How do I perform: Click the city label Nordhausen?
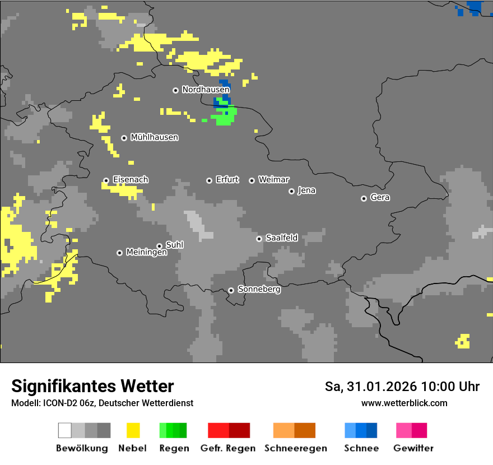coord(206,90)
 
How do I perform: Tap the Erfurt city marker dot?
coord(209,180)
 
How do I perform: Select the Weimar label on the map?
coord(273,180)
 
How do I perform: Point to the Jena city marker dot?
coord(291,191)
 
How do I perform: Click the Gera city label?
coord(380,198)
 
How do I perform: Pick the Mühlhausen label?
coord(154,137)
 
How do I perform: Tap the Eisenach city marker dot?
coord(106,180)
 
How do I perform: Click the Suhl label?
coord(174,245)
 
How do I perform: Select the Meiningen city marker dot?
coord(119,253)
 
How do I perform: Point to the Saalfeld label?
coord(281,238)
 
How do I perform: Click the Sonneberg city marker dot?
coord(231,290)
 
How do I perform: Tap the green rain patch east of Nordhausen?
coord(225,117)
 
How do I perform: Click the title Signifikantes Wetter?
coord(92,386)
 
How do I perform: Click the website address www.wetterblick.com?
coord(404,403)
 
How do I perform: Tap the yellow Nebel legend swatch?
coord(133,430)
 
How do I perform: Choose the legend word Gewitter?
coord(413,448)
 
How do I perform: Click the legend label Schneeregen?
coord(296,448)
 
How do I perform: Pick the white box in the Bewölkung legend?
coord(65,430)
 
